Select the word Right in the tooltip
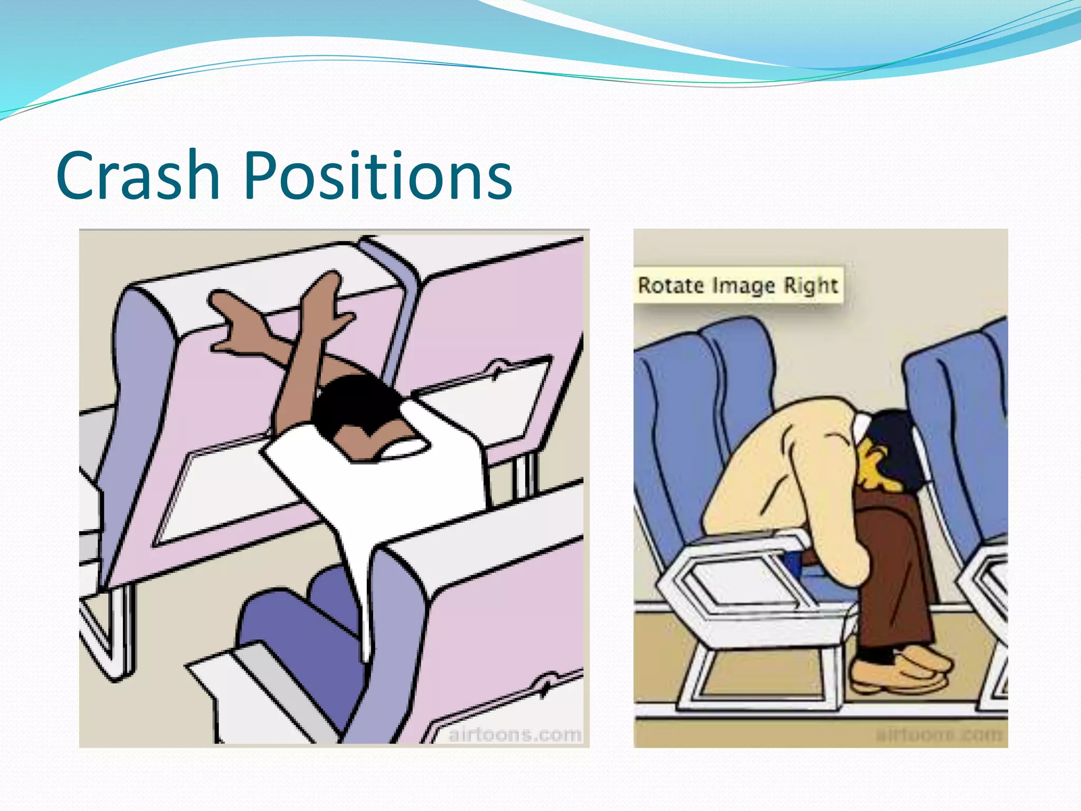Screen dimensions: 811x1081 coord(810,286)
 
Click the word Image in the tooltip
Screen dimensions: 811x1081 coord(744,286)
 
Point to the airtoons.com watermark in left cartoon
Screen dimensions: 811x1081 coord(515,734)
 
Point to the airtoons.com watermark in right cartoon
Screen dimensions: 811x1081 coord(939,734)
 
